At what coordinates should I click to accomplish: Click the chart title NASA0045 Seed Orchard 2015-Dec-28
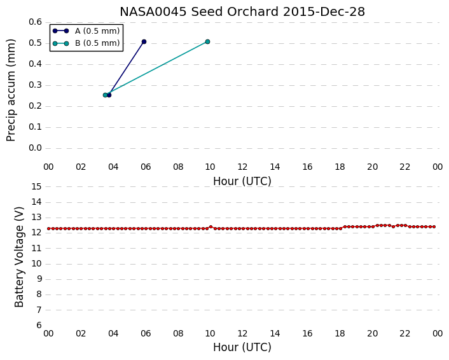coord(242,11)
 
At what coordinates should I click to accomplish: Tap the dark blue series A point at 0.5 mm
coord(144,42)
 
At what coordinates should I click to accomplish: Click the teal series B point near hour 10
coord(207,42)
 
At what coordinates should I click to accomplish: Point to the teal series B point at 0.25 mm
coord(105,95)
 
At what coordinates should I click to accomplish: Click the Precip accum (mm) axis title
coord(11,90)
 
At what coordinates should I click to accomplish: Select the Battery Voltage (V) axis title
coord(19,257)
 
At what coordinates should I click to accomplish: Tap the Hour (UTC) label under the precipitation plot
coord(242,181)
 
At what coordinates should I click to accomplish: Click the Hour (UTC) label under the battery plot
coord(242,347)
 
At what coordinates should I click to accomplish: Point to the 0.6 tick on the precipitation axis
coord(35,22)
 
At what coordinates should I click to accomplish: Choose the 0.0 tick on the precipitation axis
coord(35,148)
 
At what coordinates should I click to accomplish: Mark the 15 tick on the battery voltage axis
coord(36,187)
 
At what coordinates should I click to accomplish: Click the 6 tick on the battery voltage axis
coord(39,325)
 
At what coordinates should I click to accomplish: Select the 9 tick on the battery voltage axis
coord(39,279)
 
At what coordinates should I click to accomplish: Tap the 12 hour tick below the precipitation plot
coord(242,167)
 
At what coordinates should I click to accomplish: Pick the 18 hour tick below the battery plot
coord(340,334)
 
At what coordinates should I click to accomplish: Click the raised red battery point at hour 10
coord(211,227)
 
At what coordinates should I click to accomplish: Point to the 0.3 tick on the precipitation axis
coord(35,85)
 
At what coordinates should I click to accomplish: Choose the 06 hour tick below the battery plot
coord(146,334)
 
